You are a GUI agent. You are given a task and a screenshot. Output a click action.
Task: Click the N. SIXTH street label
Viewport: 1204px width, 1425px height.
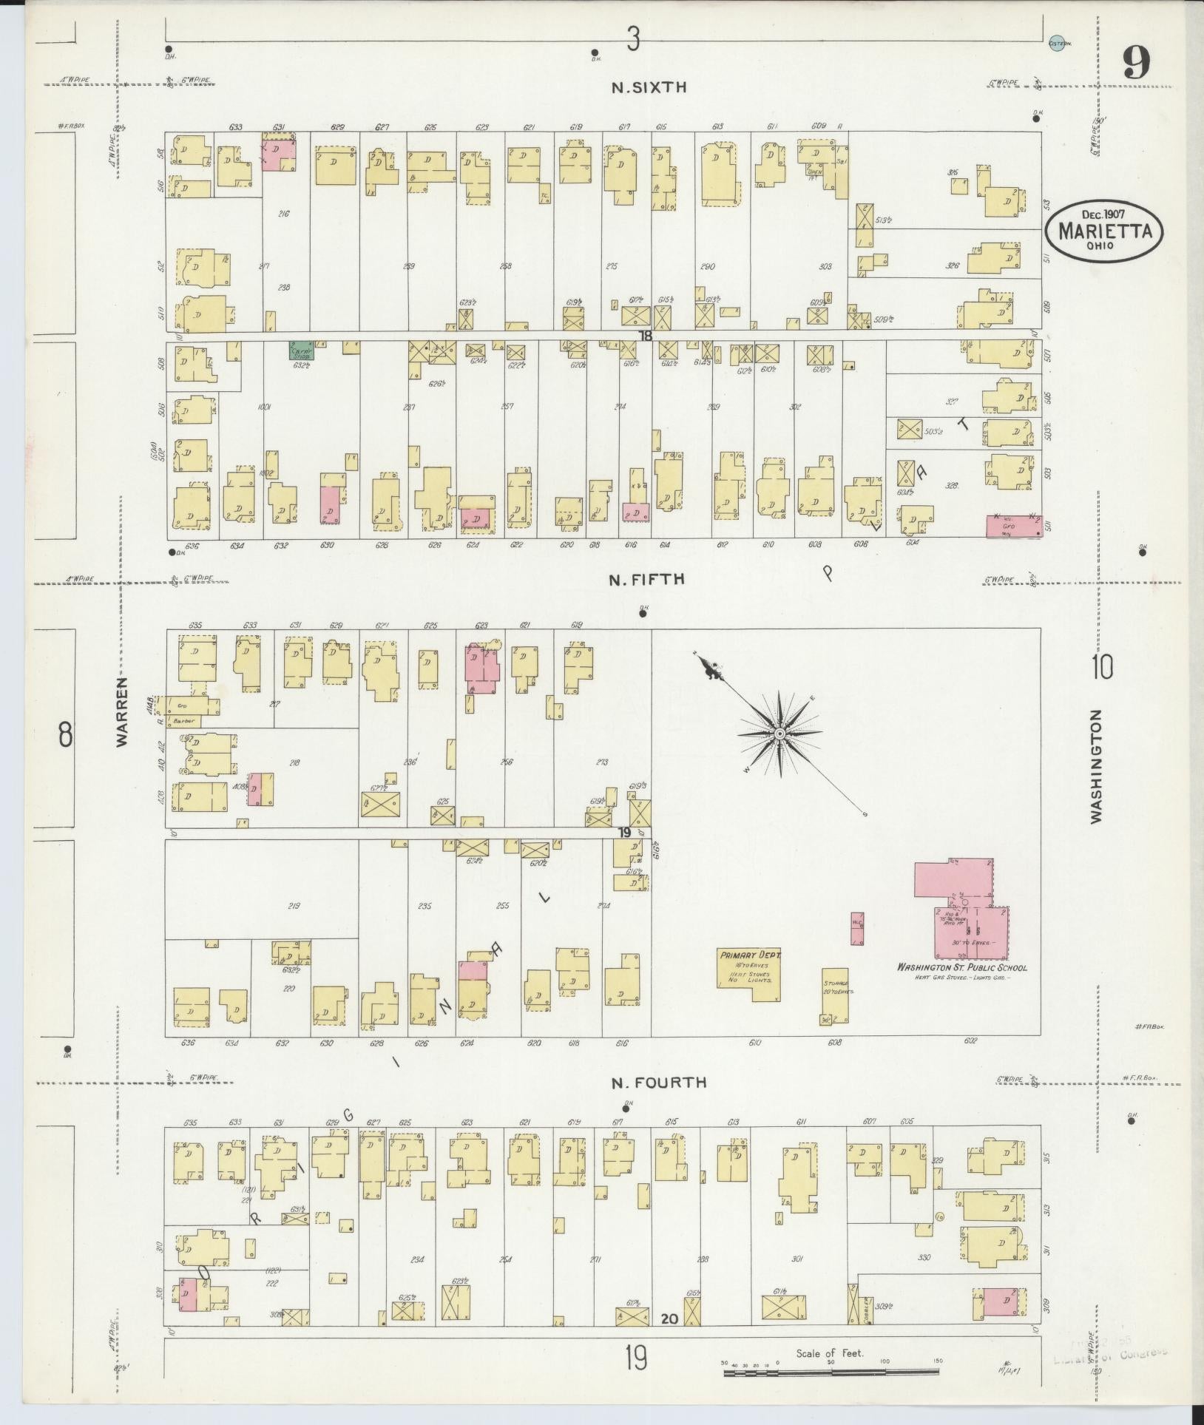649,87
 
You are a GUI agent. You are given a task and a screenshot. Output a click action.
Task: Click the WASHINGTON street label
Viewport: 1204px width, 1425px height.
1095,765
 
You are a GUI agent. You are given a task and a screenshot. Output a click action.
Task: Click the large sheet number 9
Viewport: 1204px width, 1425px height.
1136,64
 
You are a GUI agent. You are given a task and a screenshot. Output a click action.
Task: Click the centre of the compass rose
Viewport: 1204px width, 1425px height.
779,733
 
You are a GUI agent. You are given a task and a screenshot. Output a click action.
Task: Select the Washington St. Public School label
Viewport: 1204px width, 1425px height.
961,967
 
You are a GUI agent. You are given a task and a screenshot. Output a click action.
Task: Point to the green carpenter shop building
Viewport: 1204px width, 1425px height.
301,351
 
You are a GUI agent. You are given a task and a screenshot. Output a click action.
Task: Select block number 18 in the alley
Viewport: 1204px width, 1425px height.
646,336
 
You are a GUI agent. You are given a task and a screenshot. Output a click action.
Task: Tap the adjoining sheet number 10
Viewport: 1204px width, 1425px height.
1100,668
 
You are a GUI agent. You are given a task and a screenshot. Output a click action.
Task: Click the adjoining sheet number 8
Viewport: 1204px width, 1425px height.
65,736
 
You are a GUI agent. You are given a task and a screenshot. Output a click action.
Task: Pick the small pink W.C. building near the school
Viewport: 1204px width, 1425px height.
857,928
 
